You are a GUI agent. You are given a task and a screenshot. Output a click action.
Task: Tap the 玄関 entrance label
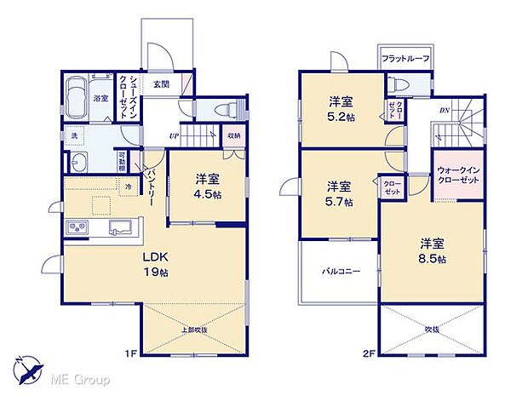point(162,84)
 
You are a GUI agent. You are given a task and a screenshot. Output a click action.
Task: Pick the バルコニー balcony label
point(339,272)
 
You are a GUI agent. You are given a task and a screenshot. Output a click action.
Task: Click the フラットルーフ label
point(405,59)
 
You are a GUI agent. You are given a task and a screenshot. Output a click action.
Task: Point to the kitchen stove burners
point(77,227)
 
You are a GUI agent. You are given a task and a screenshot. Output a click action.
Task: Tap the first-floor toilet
point(225,109)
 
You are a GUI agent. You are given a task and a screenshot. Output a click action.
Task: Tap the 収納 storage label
point(233,135)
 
